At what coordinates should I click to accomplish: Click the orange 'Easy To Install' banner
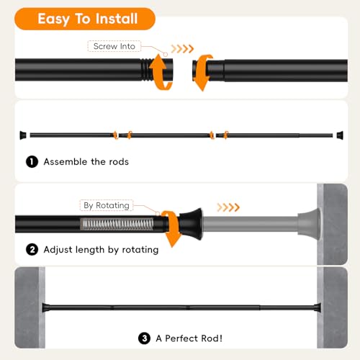tap(85, 19)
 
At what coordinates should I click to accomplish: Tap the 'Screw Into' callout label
tap(114, 46)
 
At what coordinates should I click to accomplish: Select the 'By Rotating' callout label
tap(107, 205)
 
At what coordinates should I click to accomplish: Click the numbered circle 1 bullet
tap(32, 161)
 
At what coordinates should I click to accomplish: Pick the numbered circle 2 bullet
tap(32, 250)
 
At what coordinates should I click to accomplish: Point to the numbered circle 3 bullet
tap(144, 338)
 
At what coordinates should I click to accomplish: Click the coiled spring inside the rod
tap(117, 224)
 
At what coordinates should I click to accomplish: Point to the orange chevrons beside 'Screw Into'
tap(182, 49)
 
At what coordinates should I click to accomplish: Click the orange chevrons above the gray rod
tap(228, 207)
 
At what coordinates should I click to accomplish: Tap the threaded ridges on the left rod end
tap(146, 70)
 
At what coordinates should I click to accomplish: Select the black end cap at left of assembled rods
tap(23, 135)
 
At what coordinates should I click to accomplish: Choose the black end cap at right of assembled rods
tap(340, 135)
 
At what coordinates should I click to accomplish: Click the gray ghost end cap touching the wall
tap(309, 224)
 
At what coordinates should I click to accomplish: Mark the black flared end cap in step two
tap(191, 224)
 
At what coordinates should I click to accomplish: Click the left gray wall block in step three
tap(30, 307)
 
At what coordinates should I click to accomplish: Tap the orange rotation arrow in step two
tap(171, 228)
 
